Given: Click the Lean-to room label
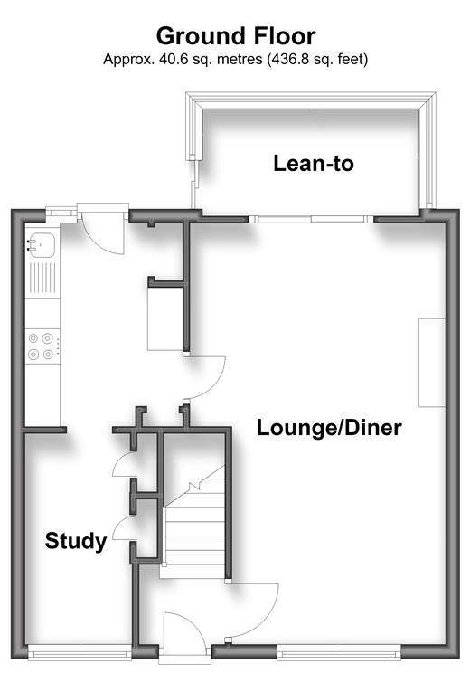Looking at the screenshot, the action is click(314, 164).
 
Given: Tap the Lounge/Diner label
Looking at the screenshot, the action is click(329, 428).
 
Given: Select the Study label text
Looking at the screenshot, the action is click(76, 541).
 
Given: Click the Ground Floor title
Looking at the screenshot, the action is click(236, 36).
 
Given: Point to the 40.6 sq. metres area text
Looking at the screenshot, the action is click(211, 59).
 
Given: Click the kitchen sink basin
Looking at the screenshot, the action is click(42, 244).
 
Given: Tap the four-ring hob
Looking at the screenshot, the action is click(42, 346).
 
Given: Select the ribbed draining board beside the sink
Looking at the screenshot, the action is click(42, 278).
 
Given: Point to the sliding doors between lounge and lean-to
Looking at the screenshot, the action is click(311, 219).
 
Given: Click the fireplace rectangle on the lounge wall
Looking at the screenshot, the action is click(432, 362).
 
